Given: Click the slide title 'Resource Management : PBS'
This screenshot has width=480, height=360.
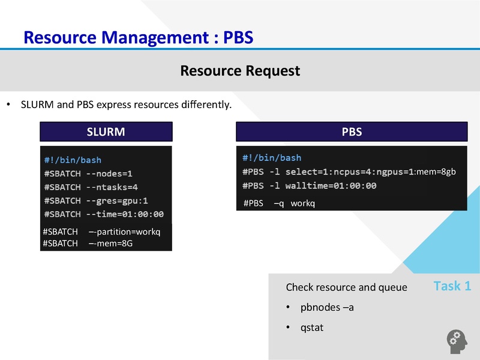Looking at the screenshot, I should point(138,37).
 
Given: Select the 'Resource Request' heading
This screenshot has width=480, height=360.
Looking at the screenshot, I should point(240,71).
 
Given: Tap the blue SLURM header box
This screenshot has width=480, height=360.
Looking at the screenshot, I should point(106,132).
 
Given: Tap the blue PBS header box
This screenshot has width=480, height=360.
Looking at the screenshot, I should point(351,132).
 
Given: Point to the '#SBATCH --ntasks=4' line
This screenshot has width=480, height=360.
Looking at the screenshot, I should point(91,187).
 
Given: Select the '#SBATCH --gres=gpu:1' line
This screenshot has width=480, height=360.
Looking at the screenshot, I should point(96,200).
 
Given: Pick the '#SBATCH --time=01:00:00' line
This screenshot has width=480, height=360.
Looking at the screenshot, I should point(104,214).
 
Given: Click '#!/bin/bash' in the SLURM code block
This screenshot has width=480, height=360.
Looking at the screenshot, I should point(73,160).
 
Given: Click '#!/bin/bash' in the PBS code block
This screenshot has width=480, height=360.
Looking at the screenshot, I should point(272,158).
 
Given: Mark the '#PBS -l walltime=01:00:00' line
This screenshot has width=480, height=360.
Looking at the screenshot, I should point(310,185).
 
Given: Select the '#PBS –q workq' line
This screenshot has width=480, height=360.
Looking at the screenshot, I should point(279,203).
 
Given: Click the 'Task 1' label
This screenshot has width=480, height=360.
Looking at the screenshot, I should point(452,286).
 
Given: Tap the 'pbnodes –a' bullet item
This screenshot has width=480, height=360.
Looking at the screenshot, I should point(327,308).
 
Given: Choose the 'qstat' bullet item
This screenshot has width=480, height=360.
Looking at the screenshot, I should point(312,328).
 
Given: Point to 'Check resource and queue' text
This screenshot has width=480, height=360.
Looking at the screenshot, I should point(346,287).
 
